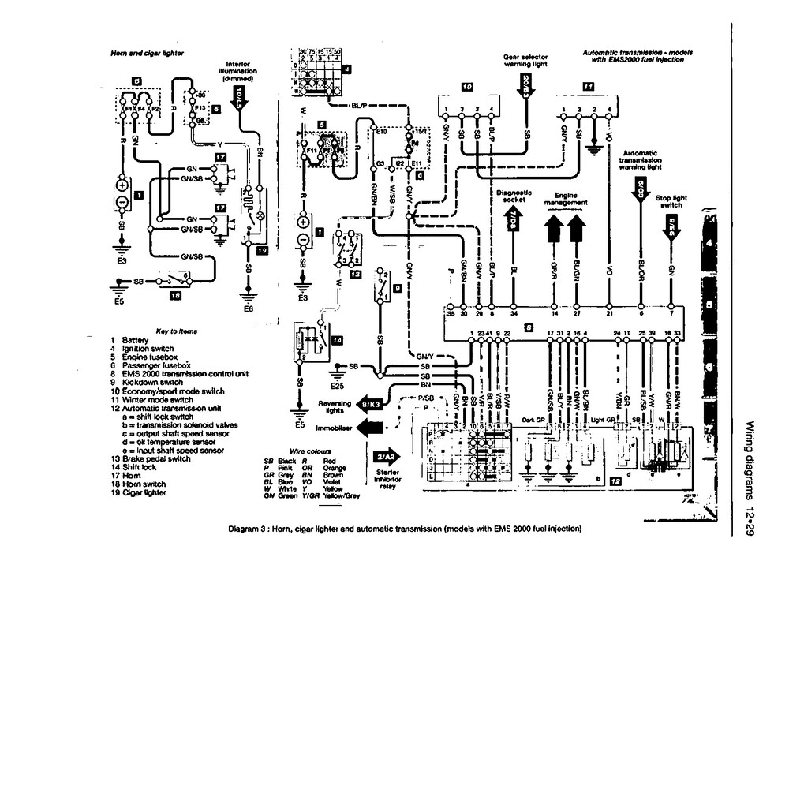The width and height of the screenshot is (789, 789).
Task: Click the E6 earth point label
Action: [248, 308]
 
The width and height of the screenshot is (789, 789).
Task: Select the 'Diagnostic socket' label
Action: [514, 196]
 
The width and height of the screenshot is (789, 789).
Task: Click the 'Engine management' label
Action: [566, 199]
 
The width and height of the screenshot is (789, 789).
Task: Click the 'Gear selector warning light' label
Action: [525, 62]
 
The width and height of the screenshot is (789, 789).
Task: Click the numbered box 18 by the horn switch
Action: [175, 297]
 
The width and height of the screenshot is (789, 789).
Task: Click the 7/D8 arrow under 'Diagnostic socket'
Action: [513, 222]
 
